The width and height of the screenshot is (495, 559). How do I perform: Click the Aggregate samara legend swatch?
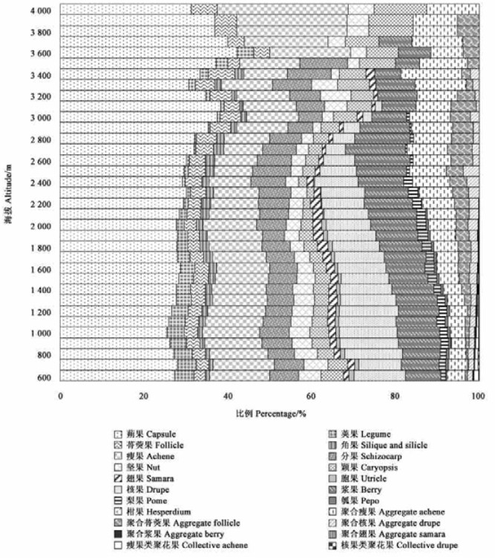pos(333,534)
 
